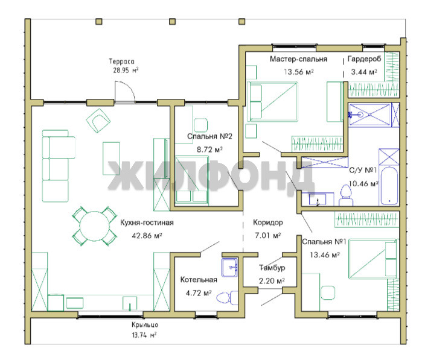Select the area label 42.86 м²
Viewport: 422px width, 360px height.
[x=147, y=236]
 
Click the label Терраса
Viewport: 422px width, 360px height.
[x=121, y=62]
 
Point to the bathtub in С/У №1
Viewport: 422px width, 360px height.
[x=389, y=186]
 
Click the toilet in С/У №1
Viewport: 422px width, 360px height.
[x=346, y=195]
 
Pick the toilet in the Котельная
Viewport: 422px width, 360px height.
[x=227, y=298]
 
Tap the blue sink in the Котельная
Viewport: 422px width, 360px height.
[x=229, y=268]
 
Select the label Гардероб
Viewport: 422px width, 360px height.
[x=364, y=59]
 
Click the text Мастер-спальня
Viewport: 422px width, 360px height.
[x=298, y=59]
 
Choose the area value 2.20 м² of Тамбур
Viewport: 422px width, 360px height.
[x=272, y=281]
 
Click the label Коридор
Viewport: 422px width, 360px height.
[x=268, y=223]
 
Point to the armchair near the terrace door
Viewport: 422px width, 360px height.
[x=98, y=121]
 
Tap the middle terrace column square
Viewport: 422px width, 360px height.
[x=172, y=22]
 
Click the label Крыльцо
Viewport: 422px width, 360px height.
[x=145, y=325]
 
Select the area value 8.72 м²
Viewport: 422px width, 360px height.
[x=209, y=150]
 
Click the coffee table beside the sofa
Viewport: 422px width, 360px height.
[x=111, y=159]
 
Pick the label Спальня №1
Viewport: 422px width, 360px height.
[x=324, y=242]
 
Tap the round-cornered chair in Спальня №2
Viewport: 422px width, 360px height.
[x=200, y=125]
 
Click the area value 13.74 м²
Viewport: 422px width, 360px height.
[x=144, y=335]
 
